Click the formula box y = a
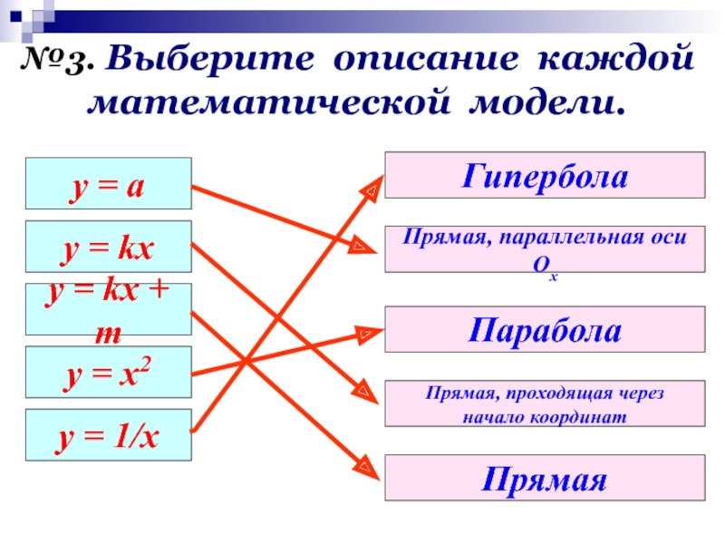pyautogui.click(x=108, y=184)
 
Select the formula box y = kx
pyautogui.click(x=108, y=247)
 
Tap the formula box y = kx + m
pyautogui.click(x=108, y=309)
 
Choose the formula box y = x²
pyautogui.click(x=108, y=372)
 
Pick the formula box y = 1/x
pyautogui.click(x=108, y=434)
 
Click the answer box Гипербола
pyautogui.click(x=545, y=175)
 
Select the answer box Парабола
pyautogui.click(x=545, y=329)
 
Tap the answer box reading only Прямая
pyautogui.click(x=545, y=478)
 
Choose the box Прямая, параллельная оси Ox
pyautogui.click(x=545, y=248)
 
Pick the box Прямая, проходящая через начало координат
pyautogui.click(x=545, y=403)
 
